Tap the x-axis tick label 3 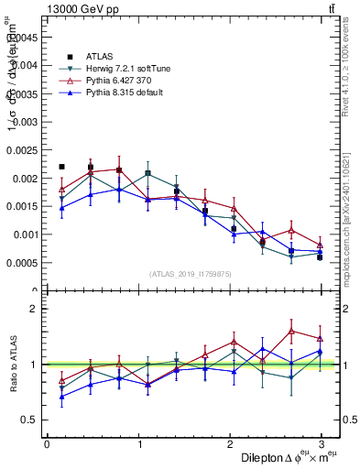click(x=322, y=444)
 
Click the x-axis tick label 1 click(x=138, y=444)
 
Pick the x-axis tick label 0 click(x=47, y=444)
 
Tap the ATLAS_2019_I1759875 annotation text click(x=190, y=274)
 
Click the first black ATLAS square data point click(x=61, y=167)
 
